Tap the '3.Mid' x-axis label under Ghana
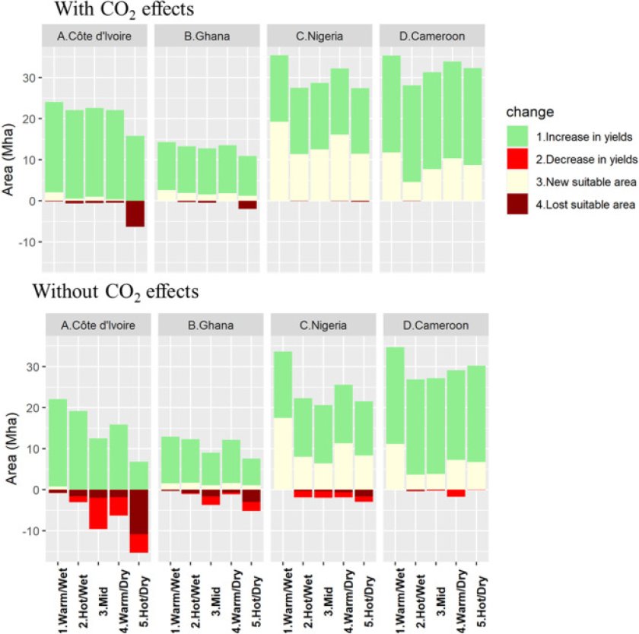211,601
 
